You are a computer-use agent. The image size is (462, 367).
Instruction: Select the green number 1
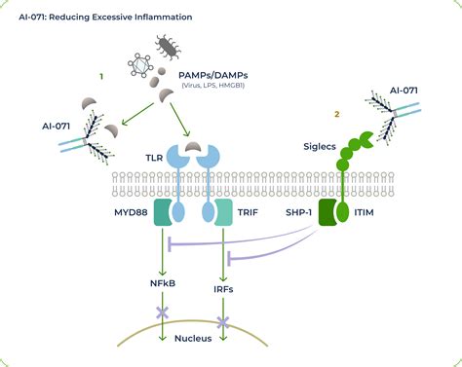[100, 76]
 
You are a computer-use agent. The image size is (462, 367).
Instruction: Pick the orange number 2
[336, 114]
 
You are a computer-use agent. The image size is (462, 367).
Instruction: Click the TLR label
[151, 155]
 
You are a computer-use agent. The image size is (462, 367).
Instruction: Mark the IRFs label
[223, 289]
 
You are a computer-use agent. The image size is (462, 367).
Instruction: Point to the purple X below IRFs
[223, 320]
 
